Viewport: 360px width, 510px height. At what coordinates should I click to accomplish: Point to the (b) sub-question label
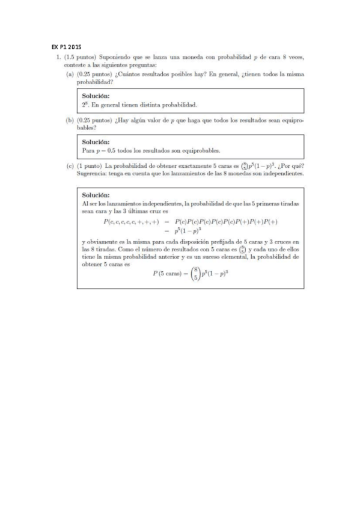click(69, 120)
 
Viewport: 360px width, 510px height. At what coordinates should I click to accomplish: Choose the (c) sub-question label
click(69, 167)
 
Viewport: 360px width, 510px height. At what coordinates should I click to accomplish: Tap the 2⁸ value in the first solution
click(85, 104)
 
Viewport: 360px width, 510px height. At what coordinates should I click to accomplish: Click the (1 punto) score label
click(90, 167)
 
